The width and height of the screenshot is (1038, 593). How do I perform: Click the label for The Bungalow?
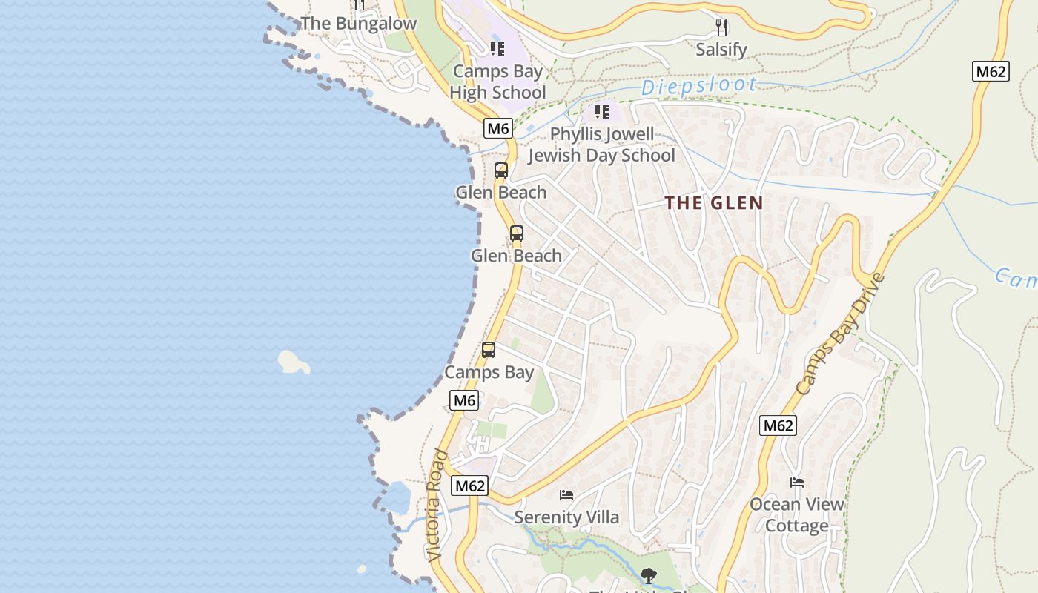coord(359,24)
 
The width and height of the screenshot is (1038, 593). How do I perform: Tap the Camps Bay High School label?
coord(497,82)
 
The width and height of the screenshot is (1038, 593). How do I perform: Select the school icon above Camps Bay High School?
coord(497,49)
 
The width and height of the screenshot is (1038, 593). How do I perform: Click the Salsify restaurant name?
coord(721,50)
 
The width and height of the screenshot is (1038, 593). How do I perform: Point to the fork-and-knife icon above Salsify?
coord(721,27)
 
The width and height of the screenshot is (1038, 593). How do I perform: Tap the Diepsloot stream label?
coord(699,86)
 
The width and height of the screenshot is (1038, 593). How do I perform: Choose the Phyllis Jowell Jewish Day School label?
coord(601,145)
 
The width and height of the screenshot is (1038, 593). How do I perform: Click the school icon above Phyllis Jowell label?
coord(601,112)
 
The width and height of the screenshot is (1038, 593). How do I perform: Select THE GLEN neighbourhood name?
coord(714,202)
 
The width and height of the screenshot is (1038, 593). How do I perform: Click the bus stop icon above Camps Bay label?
coord(489,350)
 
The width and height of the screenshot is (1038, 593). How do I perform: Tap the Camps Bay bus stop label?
coord(489,372)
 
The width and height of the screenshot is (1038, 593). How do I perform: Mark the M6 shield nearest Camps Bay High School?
coord(498,128)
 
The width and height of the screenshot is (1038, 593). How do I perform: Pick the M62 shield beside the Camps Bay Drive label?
coord(778,425)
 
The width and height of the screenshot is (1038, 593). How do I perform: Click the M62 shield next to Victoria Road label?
coord(470,486)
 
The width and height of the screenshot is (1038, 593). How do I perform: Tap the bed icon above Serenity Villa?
coord(566,494)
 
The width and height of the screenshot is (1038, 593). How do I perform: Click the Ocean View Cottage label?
coord(796,514)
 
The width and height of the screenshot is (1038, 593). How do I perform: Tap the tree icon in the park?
coord(649,575)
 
